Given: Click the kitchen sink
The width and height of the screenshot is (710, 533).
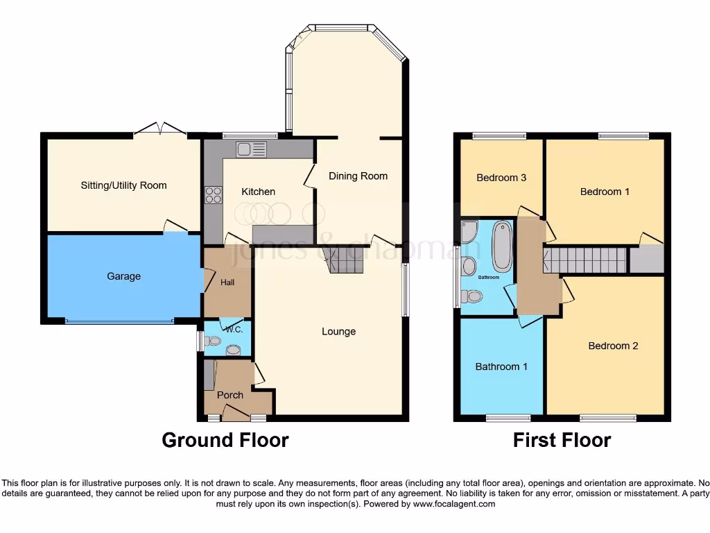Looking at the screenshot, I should click(x=251, y=149).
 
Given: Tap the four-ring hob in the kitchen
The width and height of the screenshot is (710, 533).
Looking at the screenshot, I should click(x=213, y=195).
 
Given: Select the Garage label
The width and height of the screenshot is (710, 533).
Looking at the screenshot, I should click(x=123, y=276).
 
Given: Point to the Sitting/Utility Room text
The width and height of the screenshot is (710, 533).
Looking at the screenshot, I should click(x=124, y=185).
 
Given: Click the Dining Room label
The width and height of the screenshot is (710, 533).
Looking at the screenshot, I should click(x=358, y=176).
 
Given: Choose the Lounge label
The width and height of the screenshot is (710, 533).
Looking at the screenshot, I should click(x=338, y=332).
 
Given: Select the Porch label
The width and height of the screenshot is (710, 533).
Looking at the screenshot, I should click(x=230, y=395).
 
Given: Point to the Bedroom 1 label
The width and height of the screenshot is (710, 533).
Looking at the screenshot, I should click(x=605, y=192).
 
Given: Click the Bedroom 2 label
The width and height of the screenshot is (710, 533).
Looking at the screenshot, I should click(x=613, y=346).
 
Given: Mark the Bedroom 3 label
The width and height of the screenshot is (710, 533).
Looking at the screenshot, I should click(x=501, y=178).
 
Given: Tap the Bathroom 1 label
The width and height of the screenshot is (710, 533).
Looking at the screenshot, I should click(x=501, y=366).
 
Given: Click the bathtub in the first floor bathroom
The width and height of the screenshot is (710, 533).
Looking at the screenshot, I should click(x=501, y=247).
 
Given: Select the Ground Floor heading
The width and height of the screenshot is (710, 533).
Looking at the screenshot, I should click(x=225, y=440).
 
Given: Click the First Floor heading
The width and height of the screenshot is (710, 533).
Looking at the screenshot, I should click(x=562, y=440).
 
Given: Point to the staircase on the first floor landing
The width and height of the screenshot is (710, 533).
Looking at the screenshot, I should click(x=586, y=261).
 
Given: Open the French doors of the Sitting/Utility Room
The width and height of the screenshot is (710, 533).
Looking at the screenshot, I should click(x=160, y=129).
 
